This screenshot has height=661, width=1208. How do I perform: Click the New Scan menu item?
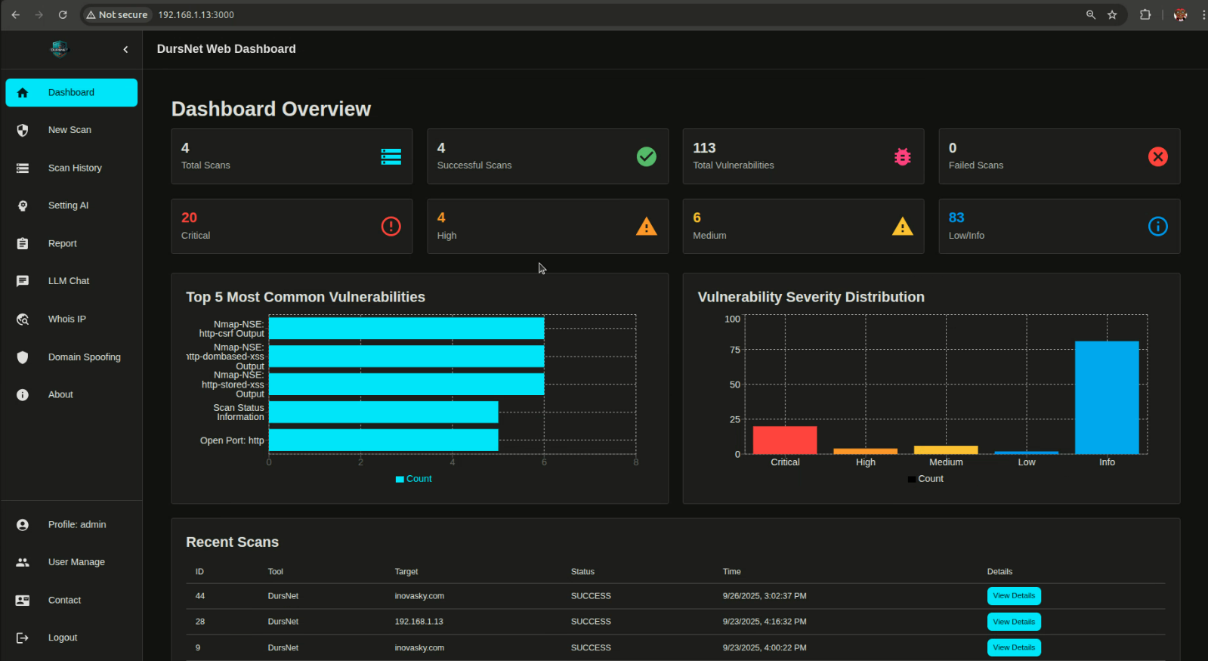tap(70, 130)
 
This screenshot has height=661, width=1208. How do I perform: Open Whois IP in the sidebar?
tap(66, 319)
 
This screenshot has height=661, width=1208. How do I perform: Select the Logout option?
tap(62, 638)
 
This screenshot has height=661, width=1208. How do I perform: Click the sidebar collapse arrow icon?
tap(125, 49)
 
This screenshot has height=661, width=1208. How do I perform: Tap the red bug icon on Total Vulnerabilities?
tap(902, 156)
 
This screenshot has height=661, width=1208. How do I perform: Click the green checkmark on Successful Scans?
tap(646, 156)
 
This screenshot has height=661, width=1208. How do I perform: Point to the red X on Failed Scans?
tap(1157, 156)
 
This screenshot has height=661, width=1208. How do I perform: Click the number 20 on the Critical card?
tap(189, 218)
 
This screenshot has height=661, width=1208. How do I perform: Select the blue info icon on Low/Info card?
tap(1157, 226)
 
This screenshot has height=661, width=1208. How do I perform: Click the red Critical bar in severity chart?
tap(784, 440)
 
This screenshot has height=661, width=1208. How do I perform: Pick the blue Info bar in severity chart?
tap(1106, 397)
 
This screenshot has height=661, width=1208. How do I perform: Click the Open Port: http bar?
tap(383, 440)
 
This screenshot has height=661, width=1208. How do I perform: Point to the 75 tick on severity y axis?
tap(734, 350)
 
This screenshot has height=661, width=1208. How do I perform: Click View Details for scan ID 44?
tap(1013, 596)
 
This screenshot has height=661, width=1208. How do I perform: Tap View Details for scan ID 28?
tap(1013, 622)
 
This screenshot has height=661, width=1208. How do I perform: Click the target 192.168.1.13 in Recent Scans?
tap(419, 622)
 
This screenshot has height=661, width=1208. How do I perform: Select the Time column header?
tap(731, 572)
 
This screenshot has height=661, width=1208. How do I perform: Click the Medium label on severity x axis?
tap(945, 462)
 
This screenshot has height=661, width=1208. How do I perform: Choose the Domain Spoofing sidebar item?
tap(84, 357)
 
